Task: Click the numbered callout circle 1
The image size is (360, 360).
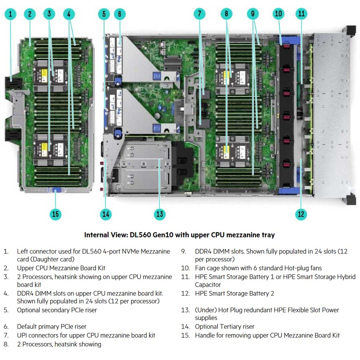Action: [11, 14]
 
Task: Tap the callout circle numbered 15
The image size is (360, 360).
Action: [55, 214]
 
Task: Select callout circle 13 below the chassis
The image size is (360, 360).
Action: [160, 214]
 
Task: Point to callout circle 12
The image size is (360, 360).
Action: [301, 214]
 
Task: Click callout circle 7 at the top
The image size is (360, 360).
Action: [200, 14]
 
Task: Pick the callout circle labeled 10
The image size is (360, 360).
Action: [278, 14]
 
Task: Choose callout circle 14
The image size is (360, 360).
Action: [106, 214]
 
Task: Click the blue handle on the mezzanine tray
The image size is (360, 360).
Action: [55, 190]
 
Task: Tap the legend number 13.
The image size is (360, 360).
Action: [185, 310]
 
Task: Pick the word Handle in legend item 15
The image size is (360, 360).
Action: [205, 335]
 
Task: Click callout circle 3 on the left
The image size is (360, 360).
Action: [49, 14]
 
